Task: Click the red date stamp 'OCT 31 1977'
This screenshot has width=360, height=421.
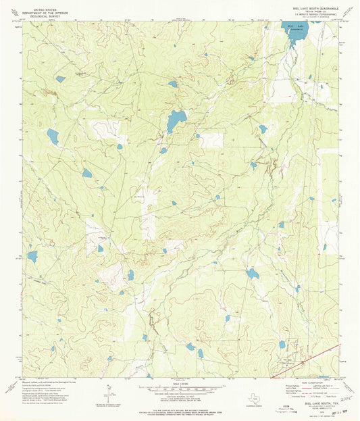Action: pyautogui.click(x=328, y=414)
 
